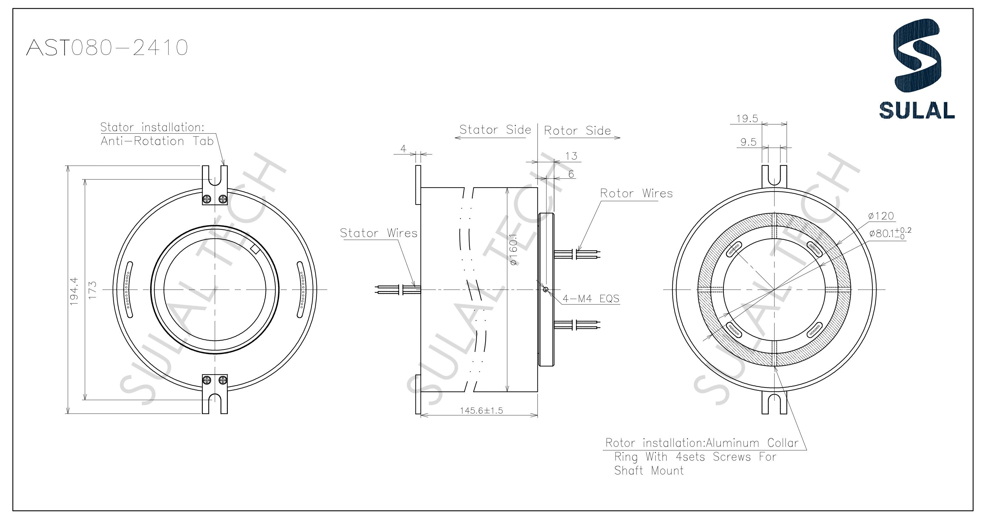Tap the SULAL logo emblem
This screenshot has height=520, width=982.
coord(916,61)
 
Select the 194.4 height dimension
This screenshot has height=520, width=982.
coord(74,291)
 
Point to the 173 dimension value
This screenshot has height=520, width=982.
coord(93,290)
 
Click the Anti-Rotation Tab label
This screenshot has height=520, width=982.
coord(157,141)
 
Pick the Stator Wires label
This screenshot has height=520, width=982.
coord(378,233)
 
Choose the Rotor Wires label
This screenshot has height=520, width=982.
coord(636,193)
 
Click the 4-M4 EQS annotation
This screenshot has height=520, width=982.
coord(591,299)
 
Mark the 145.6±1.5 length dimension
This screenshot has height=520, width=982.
coord(481,411)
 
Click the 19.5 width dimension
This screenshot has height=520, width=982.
coord(747,119)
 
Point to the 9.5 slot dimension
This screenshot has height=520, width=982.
coord(748,142)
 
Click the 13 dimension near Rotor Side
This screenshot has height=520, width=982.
coord(571,156)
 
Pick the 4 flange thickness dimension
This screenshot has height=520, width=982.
coord(404,149)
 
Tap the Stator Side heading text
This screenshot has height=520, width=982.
coord(495,130)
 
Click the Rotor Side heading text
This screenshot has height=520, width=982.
coord(577,131)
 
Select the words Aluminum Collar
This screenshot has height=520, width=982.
coord(752,443)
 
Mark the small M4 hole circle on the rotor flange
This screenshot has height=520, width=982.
coord(546,290)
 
